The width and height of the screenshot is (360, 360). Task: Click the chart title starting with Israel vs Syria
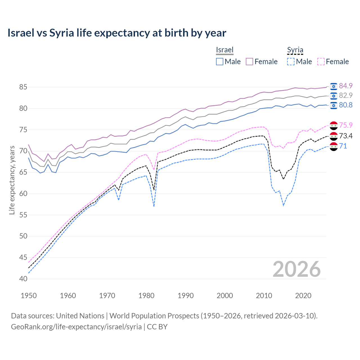[x=117, y=33]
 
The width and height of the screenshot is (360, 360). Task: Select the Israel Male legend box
[x=220, y=62]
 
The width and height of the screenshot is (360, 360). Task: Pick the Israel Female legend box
[x=249, y=62]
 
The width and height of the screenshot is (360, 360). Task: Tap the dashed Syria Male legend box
[x=291, y=62]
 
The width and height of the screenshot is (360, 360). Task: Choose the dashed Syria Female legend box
[x=321, y=62]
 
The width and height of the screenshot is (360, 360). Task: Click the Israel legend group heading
[x=225, y=50]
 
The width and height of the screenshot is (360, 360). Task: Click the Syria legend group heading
[x=295, y=50]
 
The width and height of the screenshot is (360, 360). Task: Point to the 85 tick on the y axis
[x=23, y=87]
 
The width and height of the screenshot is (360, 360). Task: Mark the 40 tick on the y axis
[x=23, y=279]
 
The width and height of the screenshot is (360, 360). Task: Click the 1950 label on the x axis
[x=29, y=296]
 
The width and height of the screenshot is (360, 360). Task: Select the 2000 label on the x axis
[x=225, y=296]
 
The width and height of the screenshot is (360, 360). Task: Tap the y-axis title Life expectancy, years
[x=12, y=180]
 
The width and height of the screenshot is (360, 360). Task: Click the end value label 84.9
[x=346, y=86]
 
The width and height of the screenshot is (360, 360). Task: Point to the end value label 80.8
[x=346, y=105]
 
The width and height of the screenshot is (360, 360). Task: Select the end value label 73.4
[x=346, y=136]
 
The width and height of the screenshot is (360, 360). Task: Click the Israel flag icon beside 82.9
[x=334, y=96]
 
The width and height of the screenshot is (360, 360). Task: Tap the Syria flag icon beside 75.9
[x=334, y=125]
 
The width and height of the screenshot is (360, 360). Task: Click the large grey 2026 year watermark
[x=296, y=269]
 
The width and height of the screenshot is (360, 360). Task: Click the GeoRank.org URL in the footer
[x=76, y=327]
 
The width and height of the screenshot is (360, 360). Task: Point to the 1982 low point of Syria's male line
[x=154, y=206]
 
